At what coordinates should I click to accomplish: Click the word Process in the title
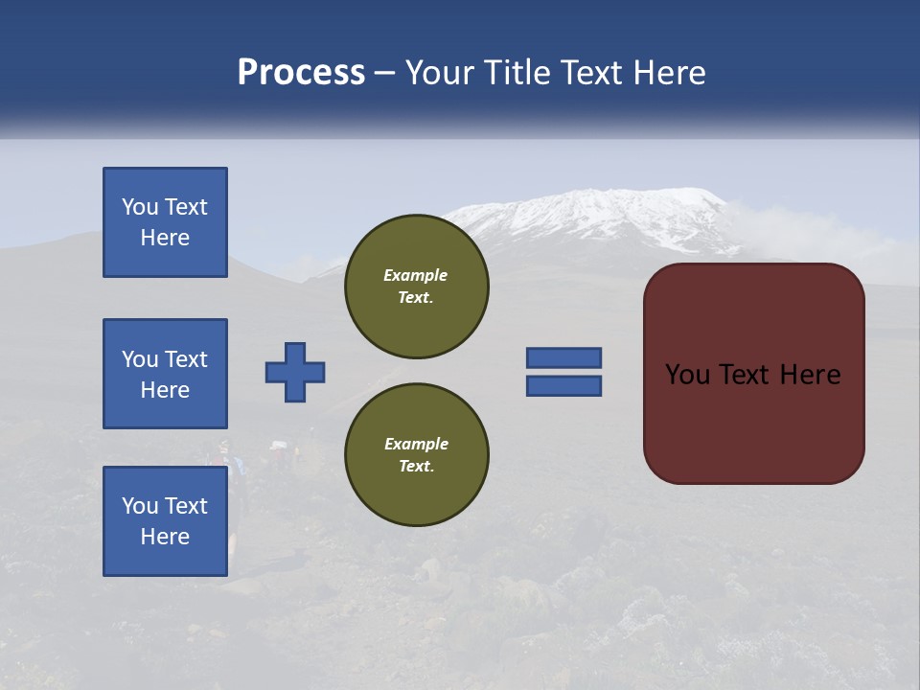(301, 73)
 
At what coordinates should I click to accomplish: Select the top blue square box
(165, 222)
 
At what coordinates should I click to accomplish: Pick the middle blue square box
(165, 374)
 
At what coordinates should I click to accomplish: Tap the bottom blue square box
(165, 521)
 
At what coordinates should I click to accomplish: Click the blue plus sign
(295, 372)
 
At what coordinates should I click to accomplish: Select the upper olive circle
(417, 287)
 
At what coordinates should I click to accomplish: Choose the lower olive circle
(417, 455)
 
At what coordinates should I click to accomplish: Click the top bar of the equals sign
(563, 358)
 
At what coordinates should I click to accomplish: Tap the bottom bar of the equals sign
(563, 386)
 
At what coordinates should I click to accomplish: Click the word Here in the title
(668, 73)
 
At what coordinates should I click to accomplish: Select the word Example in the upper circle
(416, 275)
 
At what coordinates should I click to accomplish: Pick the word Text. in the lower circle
(416, 467)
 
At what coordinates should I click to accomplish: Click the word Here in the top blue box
(165, 238)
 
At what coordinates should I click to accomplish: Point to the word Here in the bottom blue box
(165, 537)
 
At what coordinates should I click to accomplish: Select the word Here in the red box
(810, 375)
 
